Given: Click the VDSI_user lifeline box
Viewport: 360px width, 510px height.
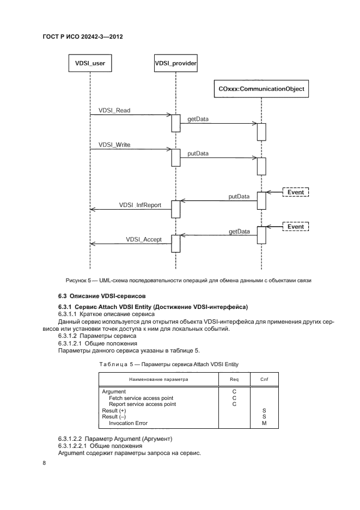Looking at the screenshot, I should coord(90,63).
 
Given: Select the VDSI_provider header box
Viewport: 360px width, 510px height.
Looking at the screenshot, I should coord(175,63).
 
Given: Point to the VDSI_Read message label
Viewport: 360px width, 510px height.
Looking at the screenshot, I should coord(114,110).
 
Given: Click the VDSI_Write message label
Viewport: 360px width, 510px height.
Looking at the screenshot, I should coord(114,145).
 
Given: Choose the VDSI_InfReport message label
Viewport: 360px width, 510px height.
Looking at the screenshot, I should coord(139,205).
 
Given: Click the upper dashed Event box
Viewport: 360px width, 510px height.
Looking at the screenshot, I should coord(296,192).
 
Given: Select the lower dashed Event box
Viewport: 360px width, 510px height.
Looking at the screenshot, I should coord(296,226).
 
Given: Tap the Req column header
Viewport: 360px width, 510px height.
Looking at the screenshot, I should coord(234,377).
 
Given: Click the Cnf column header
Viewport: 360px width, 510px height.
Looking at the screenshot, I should coord(264,377).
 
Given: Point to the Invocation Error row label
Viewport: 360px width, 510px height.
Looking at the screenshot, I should coord(128,423).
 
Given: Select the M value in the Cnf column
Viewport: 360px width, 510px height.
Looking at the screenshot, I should coord(264,423).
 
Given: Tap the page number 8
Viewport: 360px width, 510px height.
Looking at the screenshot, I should coord(45,462).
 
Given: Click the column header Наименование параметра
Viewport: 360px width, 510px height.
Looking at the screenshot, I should coord(158,377).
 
